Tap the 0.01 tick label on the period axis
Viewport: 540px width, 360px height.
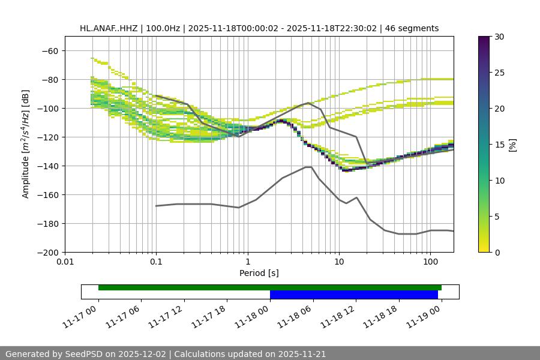click(65, 262)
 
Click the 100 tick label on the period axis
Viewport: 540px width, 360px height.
click(430, 262)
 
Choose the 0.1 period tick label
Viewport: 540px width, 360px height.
click(156, 262)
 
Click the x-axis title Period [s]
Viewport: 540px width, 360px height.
click(259, 273)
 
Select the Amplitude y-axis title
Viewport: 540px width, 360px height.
click(26, 144)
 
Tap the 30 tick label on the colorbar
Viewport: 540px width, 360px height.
click(500, 37)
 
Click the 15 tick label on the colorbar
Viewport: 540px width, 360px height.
click(500, 145)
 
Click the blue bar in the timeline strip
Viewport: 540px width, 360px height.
click(353, 295)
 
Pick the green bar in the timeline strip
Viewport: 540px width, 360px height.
click(269, 287)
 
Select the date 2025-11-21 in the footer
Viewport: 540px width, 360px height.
click(301, 354)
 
